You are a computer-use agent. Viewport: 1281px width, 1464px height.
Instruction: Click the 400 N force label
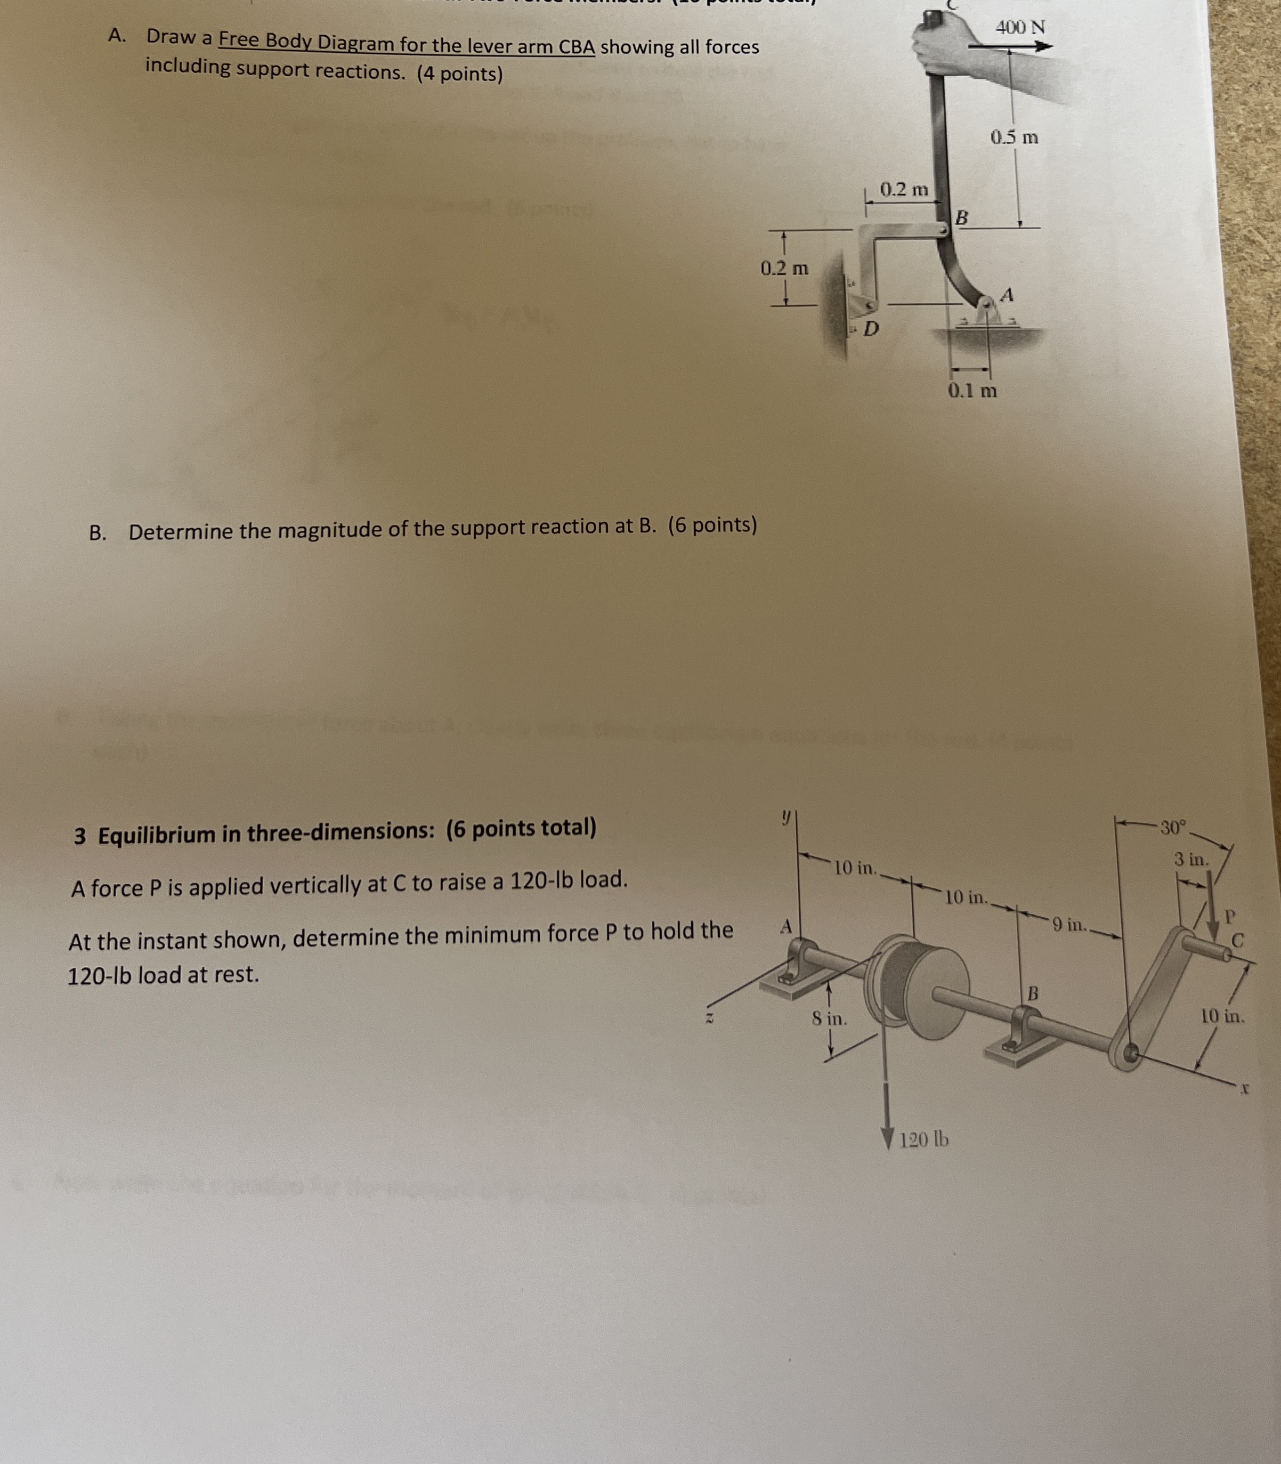click(1020, 28)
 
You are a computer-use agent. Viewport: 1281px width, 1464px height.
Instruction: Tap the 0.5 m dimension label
click(1014, 137)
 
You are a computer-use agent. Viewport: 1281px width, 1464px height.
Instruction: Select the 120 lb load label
click(923, 1139)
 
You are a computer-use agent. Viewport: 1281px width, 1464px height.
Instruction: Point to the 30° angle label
click(1172, 828)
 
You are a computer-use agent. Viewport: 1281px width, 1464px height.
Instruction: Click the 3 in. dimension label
click(1191, 859)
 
